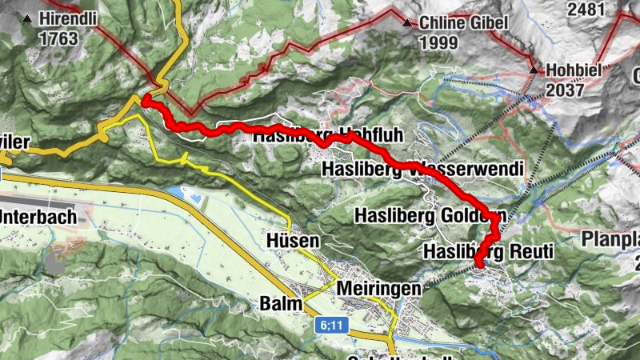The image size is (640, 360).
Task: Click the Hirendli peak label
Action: pos(70,18)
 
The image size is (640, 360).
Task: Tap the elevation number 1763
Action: pos(58,38)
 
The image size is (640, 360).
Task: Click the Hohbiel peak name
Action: pos(575,70)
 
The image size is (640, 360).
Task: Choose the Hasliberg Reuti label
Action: pos(488,252)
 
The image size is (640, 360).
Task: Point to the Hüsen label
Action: pos(293,240)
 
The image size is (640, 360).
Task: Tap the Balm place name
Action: pos(281,304)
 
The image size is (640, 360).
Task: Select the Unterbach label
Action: pos(38,216)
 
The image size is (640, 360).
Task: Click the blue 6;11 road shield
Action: pos(331,325)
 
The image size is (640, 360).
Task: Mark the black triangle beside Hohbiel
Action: pos(534,70)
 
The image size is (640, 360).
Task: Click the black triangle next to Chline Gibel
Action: pos(408,23)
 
